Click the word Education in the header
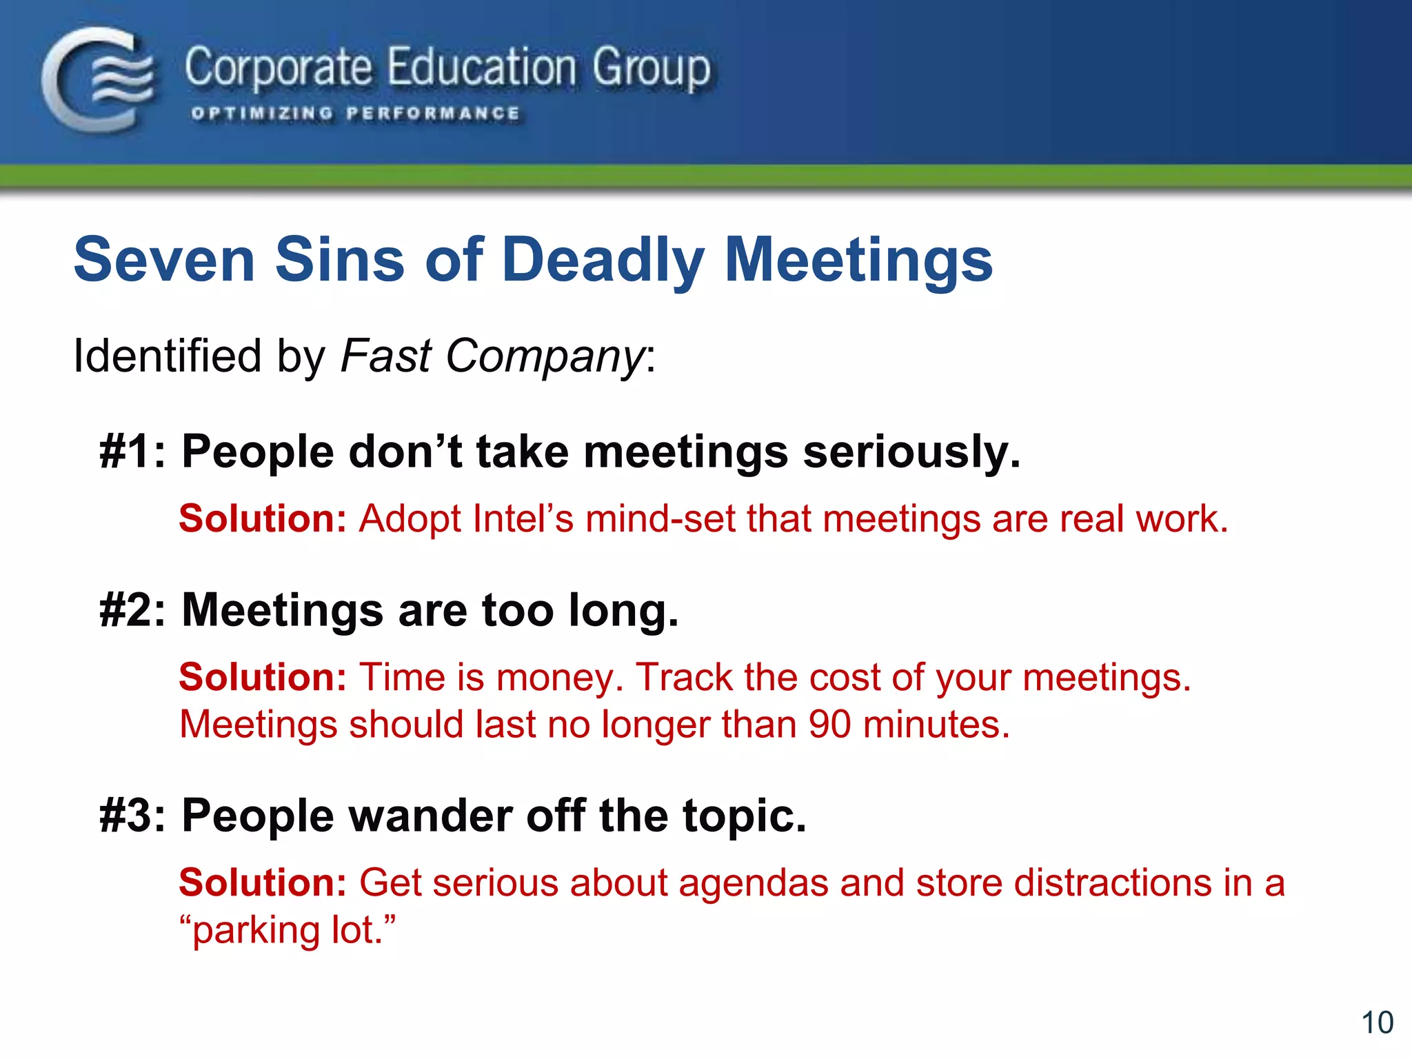point(481,68)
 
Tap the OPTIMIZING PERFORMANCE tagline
point(355,113)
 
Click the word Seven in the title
point(164,260)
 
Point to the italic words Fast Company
point(492,356)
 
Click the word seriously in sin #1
point(911,452)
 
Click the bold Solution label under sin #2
point(262,677)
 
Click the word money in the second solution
point(560,677)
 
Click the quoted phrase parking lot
point(288,930)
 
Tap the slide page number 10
point(1377,1022)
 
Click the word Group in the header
point(651,68)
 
